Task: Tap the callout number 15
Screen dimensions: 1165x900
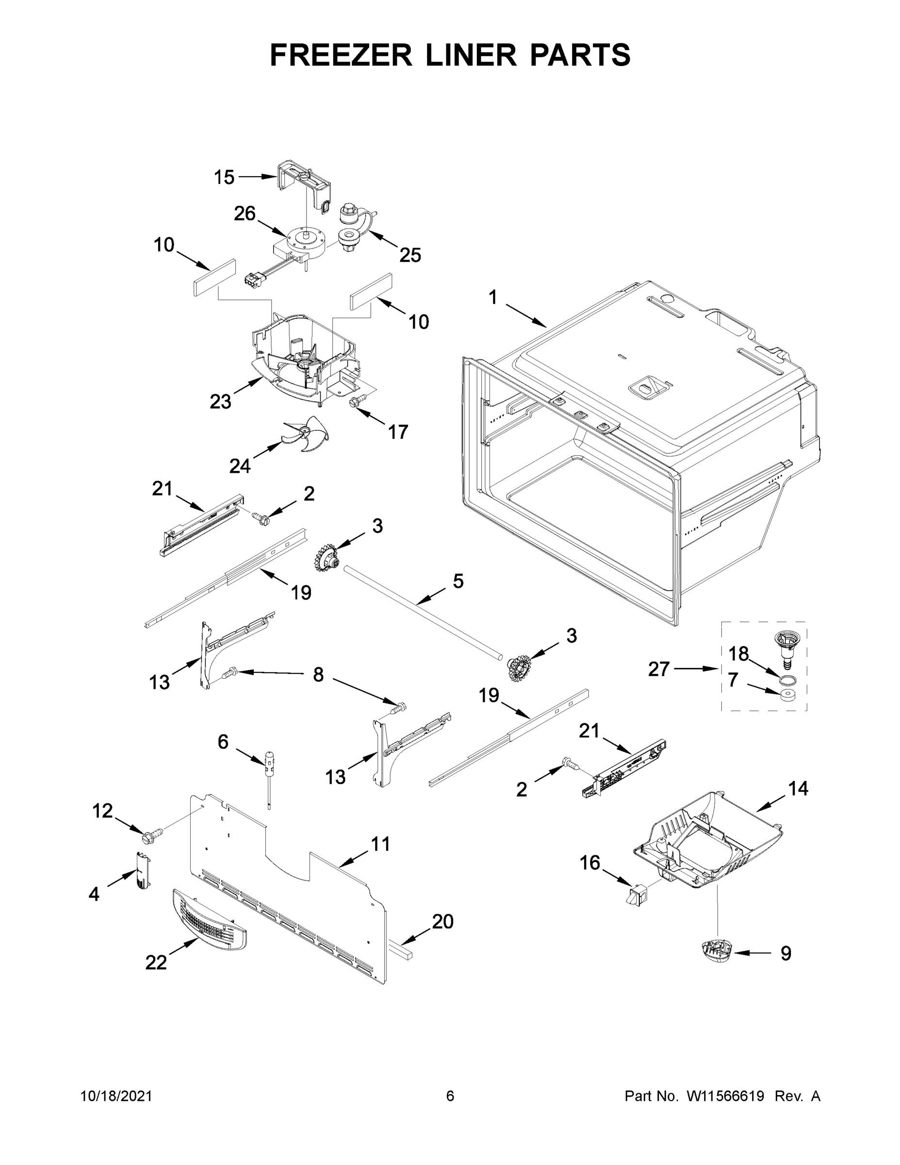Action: [x=224, y=177]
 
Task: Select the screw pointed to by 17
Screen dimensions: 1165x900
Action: [x=355, y=401]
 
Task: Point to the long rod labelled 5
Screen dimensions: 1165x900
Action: [x=421, y=614]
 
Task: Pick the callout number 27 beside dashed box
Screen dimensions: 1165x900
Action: [x=659, y=668]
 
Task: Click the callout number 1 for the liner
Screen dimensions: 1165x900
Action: [x=492, y=298]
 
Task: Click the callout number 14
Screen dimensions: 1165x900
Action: [x=798, y=788]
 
